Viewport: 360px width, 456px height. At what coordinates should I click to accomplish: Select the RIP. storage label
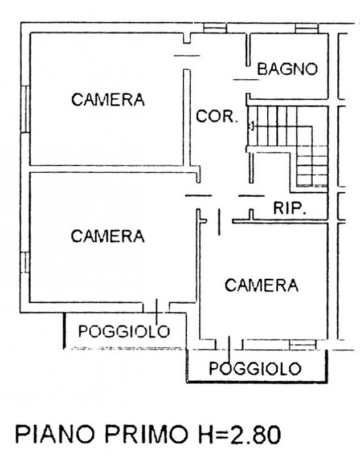(290, 208)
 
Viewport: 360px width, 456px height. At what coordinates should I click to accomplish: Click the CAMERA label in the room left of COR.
(108, 100)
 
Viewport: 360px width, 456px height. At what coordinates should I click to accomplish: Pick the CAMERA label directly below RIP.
(261, 285)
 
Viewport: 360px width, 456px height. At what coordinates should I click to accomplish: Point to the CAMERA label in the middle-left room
(108, 235)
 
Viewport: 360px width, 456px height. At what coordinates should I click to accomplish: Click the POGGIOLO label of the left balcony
(124, 331)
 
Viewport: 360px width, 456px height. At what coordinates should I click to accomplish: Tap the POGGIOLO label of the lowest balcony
(255, 368)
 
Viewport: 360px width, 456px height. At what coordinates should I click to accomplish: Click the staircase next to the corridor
(288, 145)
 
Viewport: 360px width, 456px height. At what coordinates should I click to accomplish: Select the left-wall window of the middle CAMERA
(24, 262)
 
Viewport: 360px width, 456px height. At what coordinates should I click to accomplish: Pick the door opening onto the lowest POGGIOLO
(228, 344)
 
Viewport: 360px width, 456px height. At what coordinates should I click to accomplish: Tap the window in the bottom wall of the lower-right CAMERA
(302, 344)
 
